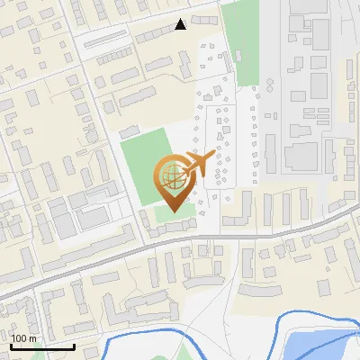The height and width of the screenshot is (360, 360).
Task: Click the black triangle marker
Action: (181, 24)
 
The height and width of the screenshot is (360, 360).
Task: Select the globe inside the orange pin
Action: (170, 174)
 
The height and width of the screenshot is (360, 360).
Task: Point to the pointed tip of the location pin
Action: (170, 211)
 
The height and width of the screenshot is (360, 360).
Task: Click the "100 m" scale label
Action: (23, 338)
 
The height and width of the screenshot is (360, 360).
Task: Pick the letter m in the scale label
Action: (31, 338)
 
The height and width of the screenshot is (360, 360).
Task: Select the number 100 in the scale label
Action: (19, 338)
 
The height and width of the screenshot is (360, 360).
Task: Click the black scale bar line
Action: (41, 346)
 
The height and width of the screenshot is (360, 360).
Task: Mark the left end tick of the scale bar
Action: (10, 345)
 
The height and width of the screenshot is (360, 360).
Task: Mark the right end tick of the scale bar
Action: (73, 345)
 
